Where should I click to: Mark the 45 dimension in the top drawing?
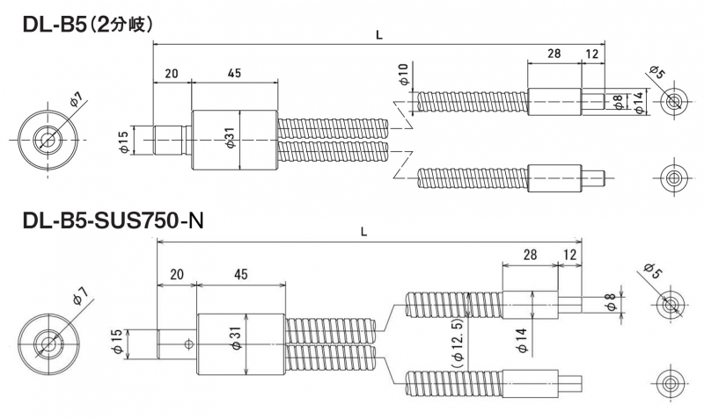click(234, 74)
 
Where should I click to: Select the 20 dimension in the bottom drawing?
click(176, 274)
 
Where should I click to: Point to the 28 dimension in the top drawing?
click(554, 54)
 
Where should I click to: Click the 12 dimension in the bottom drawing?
click(570, 254)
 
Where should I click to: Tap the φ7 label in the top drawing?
click(76, 99)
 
